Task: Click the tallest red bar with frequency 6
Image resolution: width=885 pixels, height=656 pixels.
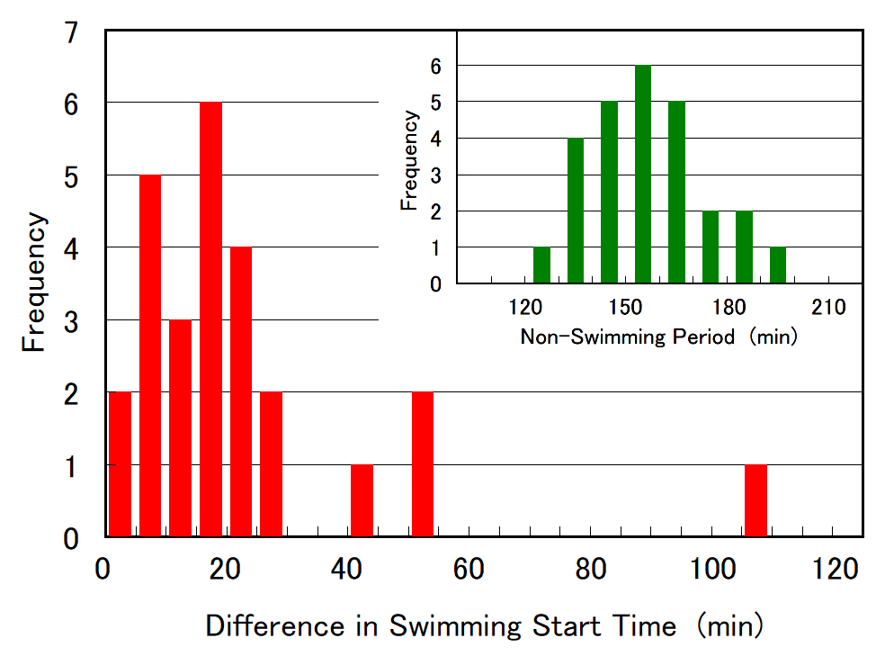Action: coord(210,319)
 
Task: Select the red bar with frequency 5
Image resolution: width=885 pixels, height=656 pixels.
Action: coord(150,355)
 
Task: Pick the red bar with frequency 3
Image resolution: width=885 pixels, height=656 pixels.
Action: coord(180,427)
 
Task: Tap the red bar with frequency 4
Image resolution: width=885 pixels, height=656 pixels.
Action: coord(241,391)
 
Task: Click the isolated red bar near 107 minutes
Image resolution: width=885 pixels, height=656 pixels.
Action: coord(755,500)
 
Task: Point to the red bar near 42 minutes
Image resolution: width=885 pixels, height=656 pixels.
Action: coord(362,500)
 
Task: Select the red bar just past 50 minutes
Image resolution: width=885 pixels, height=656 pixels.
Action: coord(423,464)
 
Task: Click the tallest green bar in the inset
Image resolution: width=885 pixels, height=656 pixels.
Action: coord(642,175)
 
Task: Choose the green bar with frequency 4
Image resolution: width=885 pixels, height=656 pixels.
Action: coord(576,211)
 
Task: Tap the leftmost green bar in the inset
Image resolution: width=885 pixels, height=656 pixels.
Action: coord(541,265)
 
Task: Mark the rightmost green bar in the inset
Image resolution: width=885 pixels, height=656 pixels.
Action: coord(778,265)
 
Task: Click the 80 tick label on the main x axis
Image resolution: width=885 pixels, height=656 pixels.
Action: coord(590,570)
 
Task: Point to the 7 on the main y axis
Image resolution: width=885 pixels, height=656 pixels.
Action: coord(71,34)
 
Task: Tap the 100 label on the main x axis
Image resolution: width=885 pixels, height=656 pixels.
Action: coord(711,570)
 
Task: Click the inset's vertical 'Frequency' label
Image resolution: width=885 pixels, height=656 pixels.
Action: coord(410,160)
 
